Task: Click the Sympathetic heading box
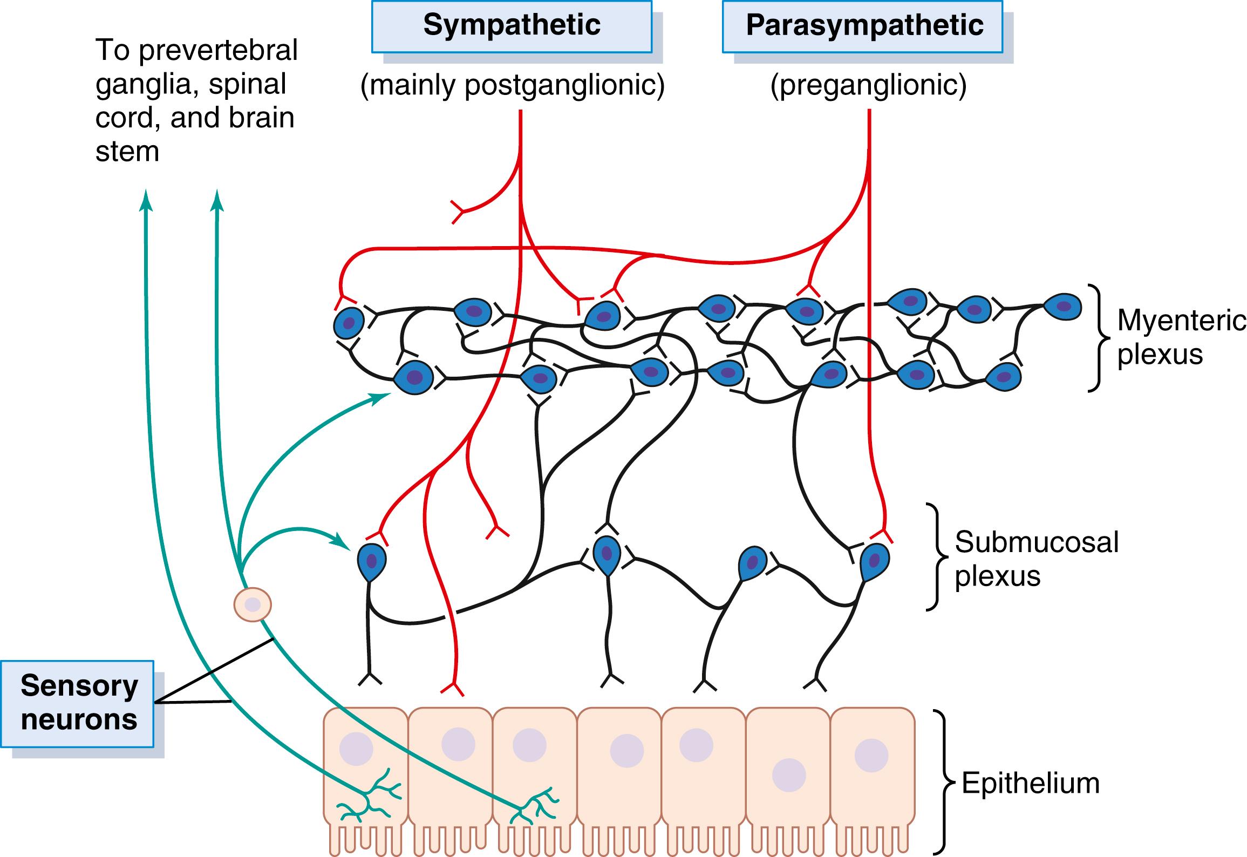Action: point(512,25)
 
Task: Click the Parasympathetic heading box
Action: point(862,25)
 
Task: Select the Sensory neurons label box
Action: point(78,703)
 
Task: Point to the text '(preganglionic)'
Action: point(868,85)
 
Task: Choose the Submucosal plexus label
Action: point(1036,559)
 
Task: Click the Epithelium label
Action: point(1030,783)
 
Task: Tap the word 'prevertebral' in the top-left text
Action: point(218,50)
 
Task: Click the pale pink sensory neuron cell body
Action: point(252,605)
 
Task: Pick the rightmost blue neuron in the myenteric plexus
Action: point(1062,307)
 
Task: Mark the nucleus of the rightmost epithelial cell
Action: point(871,756)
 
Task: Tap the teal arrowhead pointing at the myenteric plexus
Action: point(382,398)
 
